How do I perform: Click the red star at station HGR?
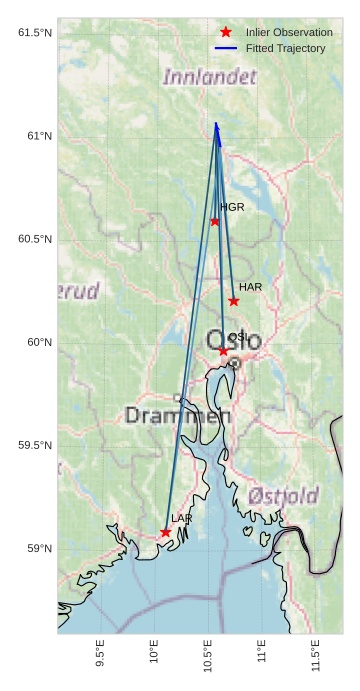click(x=215, y=221)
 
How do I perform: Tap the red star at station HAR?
click(x=233, y=301)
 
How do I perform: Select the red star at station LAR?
click(x=166, y=532)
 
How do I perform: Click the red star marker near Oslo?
click(x=223, y=351)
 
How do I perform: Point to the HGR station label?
click(x=232, y=208)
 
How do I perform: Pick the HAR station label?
click(x=250, y=287)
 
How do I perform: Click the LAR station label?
click(x=181, y=519)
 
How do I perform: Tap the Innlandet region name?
click(x=209, y=77)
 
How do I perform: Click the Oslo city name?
click(x=234, y=341)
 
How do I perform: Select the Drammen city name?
click(x=177, y=415)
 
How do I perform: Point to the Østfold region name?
click(x=283, y=496)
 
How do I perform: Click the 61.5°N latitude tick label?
click(x=35, y=33)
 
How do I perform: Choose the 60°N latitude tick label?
click(x=37, y=342)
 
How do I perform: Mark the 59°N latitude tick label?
click(x=37, y=548)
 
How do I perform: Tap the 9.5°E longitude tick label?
click(x=100, y=652)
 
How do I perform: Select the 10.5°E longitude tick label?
click(x=208, y=652)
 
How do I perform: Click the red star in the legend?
click(x=226, y=32)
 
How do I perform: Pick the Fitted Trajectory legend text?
click(x=285, y=48)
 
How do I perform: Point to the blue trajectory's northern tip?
click(x=215, y=123)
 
